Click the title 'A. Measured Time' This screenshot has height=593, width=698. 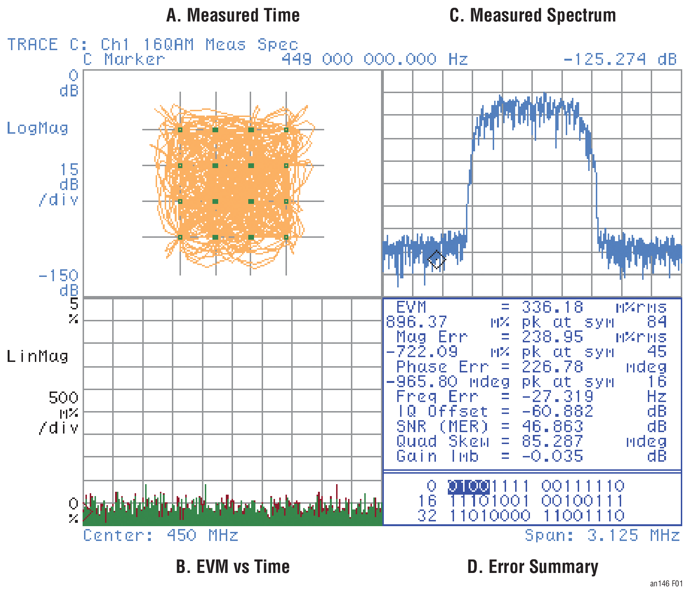coord(233,16)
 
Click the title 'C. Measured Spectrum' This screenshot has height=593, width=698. coord(532,16)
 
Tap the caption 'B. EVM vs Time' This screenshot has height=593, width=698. coord(233,566)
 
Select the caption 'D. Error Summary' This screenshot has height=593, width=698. coord(532,566)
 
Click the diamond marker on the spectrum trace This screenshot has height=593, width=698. coord(437,260)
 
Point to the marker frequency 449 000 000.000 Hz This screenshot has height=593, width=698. coord(375,59)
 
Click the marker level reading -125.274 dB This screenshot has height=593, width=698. coord(620,59)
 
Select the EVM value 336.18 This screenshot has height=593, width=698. coord(552,307)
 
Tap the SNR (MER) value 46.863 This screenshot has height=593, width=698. coord(552,426)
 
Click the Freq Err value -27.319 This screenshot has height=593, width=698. coord(557,396)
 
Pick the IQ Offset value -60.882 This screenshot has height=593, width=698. coord(557,411)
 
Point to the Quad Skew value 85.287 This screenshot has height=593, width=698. coord(552,441)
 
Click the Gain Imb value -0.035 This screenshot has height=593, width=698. coord(552,456)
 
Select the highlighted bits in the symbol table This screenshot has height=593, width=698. coord(469,487)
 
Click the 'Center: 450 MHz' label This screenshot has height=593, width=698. coord(161,535)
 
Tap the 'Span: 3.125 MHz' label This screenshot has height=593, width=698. coord(602,535)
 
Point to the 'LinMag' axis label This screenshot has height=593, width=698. coord(37,356)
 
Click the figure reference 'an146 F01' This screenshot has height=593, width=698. coord(666,583)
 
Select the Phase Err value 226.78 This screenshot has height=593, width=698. coord(552,367)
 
